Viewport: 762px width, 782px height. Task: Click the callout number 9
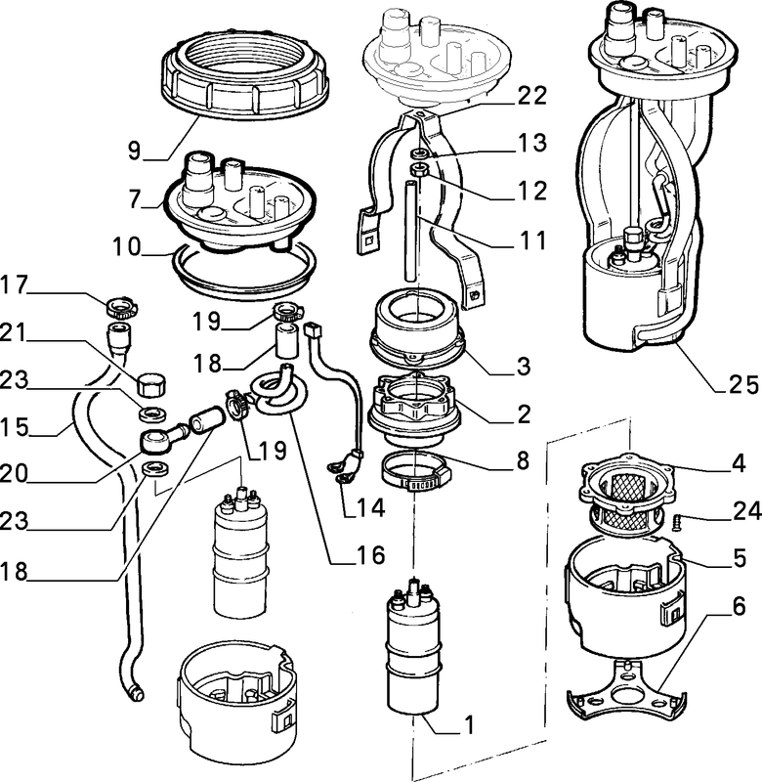click(x=134, y=151)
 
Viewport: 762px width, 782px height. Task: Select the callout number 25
click(x=743, y=384)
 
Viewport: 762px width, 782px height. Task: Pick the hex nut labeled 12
click(x=420, y=169)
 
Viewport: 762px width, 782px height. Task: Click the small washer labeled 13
click(x=420, y=153)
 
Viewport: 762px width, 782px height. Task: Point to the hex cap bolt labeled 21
click(x=151, y=384)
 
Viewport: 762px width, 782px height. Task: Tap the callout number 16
click(x=370, y=554)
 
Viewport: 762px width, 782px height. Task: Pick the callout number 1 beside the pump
click(x=469, y=724)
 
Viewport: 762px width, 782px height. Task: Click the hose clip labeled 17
click(x=122, y=308)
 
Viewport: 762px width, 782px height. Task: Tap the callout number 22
click(x=532, y=95)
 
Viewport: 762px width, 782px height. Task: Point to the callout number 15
click(x=15, y=427)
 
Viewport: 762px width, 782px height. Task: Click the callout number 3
click(x=524, y=367)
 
